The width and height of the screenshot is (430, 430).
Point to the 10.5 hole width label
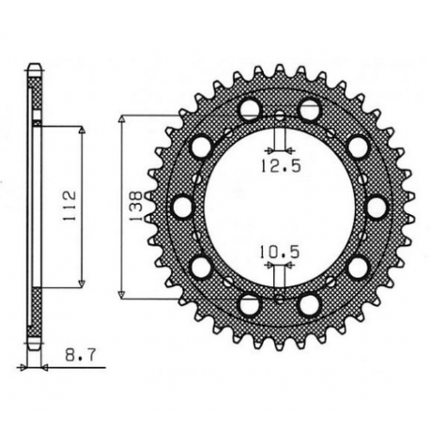(273, 251)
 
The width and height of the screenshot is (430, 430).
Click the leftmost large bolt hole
(182, 207)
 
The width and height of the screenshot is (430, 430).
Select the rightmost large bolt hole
(376, 207)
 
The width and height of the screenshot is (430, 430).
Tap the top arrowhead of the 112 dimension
(82, 131)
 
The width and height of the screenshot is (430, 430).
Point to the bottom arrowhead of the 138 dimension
(126, 293)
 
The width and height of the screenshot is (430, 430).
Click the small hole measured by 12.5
(279, 115)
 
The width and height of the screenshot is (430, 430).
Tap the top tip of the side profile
(35, 67)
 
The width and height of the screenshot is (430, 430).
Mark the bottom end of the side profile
(35, 347)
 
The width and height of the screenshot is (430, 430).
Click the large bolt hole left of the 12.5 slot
(249, 110)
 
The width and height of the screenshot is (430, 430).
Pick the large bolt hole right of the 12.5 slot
(309, 110)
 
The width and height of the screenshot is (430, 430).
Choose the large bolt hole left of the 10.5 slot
(249, 304)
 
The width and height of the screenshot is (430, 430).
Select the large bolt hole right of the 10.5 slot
(309, 304)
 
